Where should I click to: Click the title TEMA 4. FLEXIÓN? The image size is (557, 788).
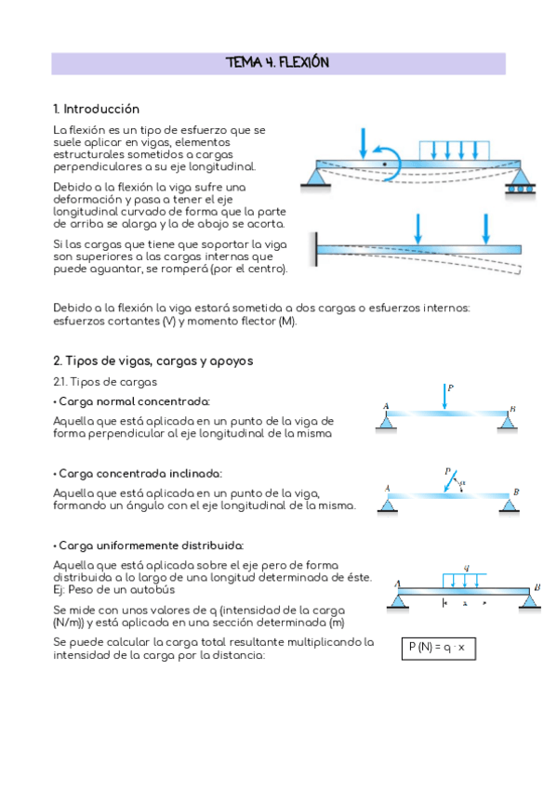(x=277, y=62)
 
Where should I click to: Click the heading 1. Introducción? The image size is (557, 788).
(x=96, y=109)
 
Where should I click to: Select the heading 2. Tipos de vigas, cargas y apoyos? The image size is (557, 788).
(x=153, y=361)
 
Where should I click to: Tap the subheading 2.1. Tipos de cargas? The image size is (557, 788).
(x=105, y=382)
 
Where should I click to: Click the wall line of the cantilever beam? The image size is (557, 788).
(x=316, y=249)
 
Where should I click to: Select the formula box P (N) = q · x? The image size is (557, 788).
(x=438, y=649)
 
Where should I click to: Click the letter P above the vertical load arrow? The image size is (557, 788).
(x=450, y=387)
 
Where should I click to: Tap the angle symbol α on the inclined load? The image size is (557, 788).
(x=462, y=483)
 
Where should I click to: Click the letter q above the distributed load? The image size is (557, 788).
(x=467, y=568)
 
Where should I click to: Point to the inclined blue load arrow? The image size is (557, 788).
(x=450, y=481)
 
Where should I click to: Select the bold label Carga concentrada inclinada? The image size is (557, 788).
(x=138, y=473)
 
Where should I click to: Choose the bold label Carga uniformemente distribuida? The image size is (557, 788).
(x=149, y=545)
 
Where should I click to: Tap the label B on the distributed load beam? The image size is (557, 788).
(x=537, y=587)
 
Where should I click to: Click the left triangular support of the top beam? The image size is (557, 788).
(x=316, y=179)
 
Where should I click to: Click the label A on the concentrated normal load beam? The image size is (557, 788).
(x=386, y=406)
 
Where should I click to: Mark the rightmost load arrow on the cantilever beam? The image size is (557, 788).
(x=485, y=230)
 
